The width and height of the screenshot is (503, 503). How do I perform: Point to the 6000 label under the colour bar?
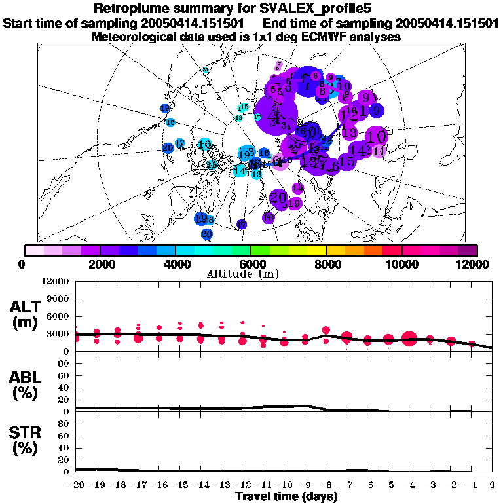(251, 264)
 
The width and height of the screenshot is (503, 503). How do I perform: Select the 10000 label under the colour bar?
(401, 264)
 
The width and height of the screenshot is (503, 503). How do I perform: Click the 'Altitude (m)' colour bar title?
(251, 274)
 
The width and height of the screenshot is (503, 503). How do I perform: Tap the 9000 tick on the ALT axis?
(59, 299)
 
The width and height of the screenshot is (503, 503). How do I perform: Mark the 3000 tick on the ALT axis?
(59, 334)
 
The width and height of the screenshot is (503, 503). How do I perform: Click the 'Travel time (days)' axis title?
(286, 496)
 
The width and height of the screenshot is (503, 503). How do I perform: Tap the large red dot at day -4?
(410, 339)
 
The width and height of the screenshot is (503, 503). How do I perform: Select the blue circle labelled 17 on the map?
(242, 225)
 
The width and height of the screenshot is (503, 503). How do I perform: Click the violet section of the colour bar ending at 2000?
(90, 250)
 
